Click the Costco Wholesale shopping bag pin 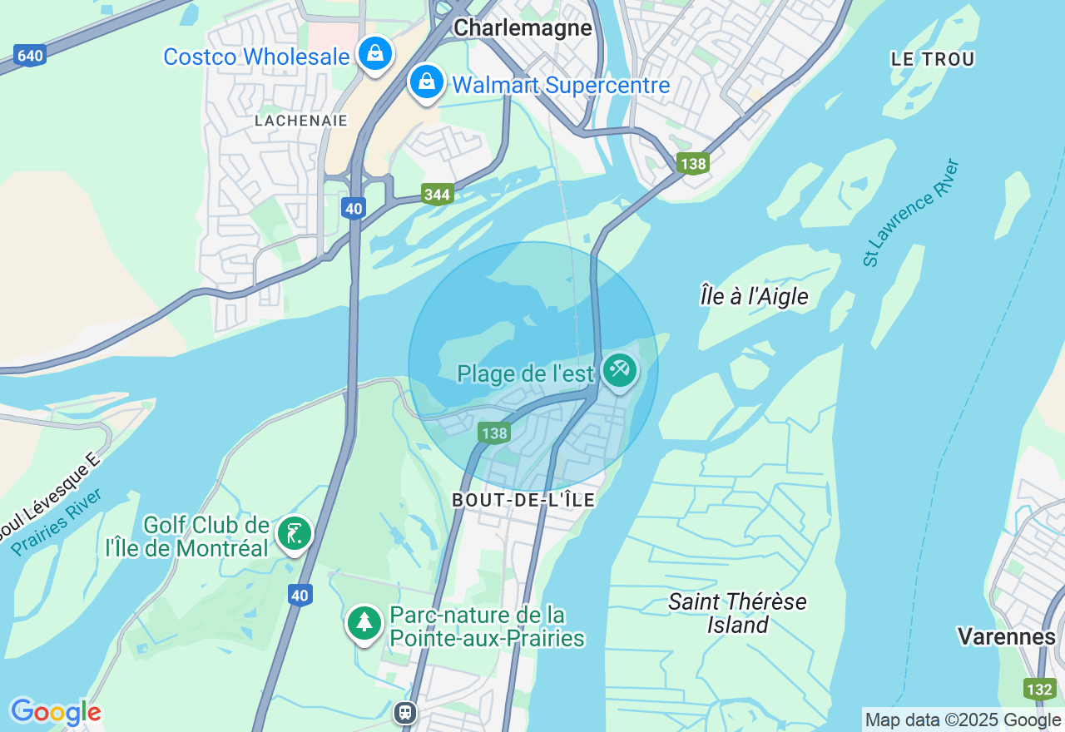coord(375,53)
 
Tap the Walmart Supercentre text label coord(560,85)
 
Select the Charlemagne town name coord(523,27)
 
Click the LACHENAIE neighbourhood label coord(301,121)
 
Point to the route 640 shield coord(29,56)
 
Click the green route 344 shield coord(437,195)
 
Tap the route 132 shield coord(1039,689)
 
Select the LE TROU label coord(932,59)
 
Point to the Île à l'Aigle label coord(754,296)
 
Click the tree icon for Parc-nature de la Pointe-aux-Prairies coord(364,621)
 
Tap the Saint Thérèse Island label coord(737,613)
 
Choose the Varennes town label coord(1006,636)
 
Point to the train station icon coord(405,712)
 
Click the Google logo coord(56,712)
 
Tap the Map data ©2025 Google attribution coord(963,720)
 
